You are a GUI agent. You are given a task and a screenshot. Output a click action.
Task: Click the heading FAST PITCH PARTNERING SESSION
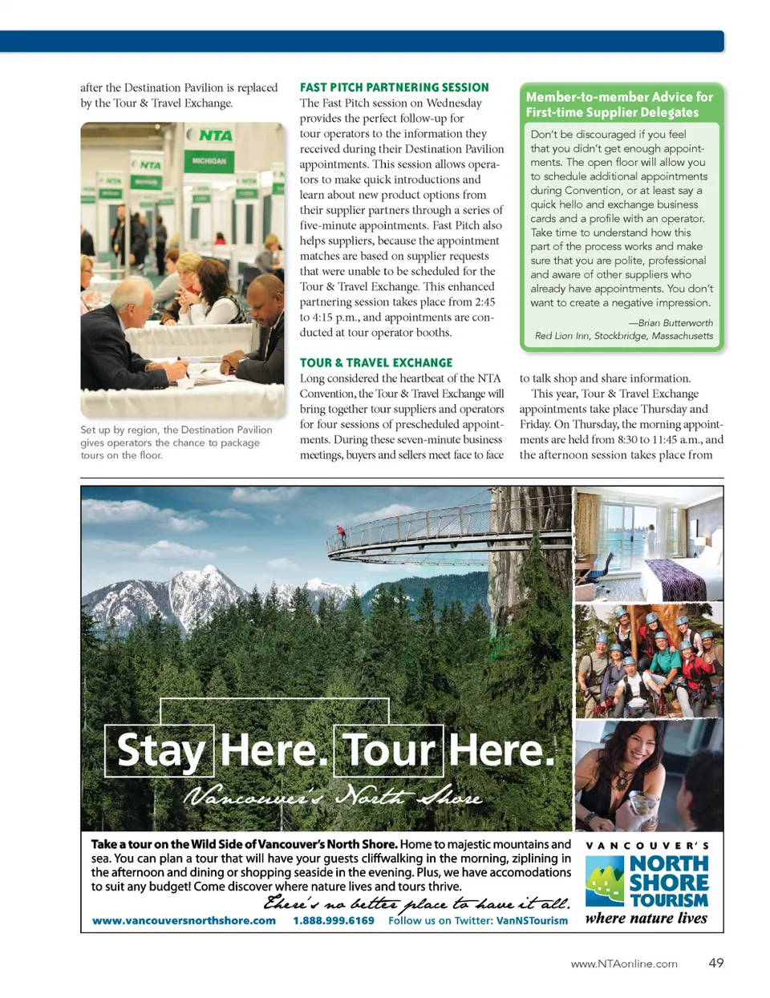pyautogui.click(x=394, y=87)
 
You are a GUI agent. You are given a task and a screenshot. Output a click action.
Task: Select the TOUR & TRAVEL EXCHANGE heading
pyautogui.click(x=376, y=363)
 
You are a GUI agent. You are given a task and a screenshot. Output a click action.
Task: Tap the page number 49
pyautogui.click(x=715, y=963)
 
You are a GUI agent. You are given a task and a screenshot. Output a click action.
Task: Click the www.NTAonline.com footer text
pyautogui.click(x=624, y=964)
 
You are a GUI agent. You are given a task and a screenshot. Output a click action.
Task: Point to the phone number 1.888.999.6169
pyautogui.click(x=334, y=920)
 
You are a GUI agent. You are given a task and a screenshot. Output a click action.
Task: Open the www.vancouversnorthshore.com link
pyautogui.click(x=184, y=920)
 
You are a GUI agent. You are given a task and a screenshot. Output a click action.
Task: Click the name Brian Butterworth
pyautogui.click(x=675, y=322)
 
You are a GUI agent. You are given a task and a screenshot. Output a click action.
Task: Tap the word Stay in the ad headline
pyautogui.click(x=160, y=750)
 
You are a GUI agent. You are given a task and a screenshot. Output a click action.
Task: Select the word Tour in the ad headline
pyautogui.click(x=389, y=750)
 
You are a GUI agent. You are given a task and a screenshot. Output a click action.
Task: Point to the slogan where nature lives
pyautogui.click(x=646, y=919)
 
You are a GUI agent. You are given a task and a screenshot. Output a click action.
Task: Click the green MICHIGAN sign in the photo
pyautogui.click(x=209, y=161)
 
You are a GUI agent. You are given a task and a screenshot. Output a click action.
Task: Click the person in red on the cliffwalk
pyautogui.click(x=341, y=532)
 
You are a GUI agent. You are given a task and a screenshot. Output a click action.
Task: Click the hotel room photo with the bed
pyautogui.click(x=649, y=543)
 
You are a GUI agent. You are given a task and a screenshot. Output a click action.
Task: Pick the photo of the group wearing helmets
pyautogui.click(x=649, y=661)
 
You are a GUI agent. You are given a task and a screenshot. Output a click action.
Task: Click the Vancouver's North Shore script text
pyautogui.click(x=333, y=797)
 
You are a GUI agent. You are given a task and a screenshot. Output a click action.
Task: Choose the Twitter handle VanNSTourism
pyautogui.click(x=532, y=920)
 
